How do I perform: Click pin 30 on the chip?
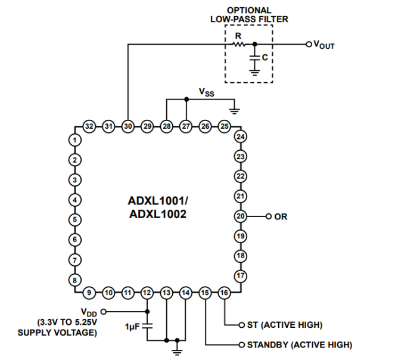coord(127,126)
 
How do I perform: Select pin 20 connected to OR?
coord(241,216)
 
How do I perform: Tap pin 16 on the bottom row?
coord(224,293)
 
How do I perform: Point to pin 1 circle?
coord(74,140)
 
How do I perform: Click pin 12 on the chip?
coord(147,293)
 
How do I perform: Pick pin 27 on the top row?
coord(186,126)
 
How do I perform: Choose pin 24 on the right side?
coord(241,137)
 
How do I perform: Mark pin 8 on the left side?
coord(74,280)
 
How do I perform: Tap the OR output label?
coord(281,217)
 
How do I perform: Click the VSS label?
coord(206,93)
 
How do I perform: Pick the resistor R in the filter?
coord(238,44)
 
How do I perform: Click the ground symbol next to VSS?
coord(234,110)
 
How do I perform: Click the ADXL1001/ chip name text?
coord(157,201)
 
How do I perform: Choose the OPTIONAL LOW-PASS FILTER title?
coord(249,15)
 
